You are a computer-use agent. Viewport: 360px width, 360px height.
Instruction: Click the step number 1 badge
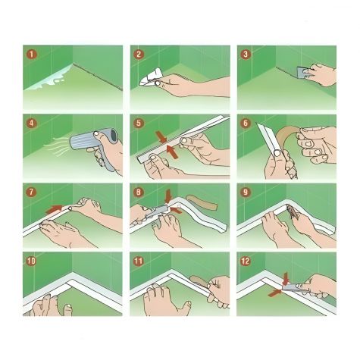pyautogui.click(x=32, y=55)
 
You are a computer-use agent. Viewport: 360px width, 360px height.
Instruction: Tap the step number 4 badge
pyautogui.click(x=32, y=124)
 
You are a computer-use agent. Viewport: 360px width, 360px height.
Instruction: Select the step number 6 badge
pyautogui.click(x=246, y=124)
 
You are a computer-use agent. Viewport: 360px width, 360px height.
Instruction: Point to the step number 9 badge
pyautogui.click(x=246, y=193)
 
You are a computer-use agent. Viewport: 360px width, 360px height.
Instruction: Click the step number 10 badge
pyautogui.click(x=32, y=261)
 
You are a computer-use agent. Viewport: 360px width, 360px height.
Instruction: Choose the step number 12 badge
pyautogui.click(x=246, y=261)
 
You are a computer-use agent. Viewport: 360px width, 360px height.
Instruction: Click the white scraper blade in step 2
pyautogui.click(x=151, y=77)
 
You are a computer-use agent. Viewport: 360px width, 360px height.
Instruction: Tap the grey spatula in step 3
pyautogui.click(x=302, y=73)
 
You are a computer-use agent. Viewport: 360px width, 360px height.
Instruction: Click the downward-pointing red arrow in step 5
pyautogui.click(x=161, y=136)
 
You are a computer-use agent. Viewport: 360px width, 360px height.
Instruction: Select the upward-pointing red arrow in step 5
pyautogui.click(x=172, y=152)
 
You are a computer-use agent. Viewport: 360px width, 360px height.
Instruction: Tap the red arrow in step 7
pyautogui.click(x=55, y=208)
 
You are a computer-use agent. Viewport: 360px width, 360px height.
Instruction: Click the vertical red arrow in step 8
pyautogui.click(x=168, y=196)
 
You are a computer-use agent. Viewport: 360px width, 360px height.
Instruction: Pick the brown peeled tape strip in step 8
pyautogui.click(x=202, y=202)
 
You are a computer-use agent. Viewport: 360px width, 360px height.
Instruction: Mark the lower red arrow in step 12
pyautogui.click(x=274, y=293)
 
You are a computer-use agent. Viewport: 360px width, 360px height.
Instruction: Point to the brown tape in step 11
pyautogui.click(x=199, y=281)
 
